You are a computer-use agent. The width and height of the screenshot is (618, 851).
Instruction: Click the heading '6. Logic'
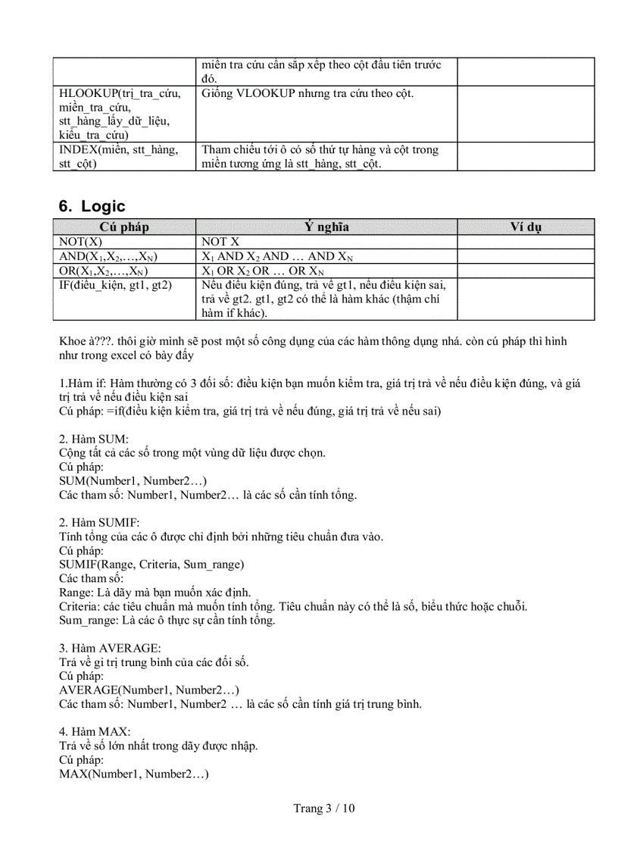click(x=92, y=207)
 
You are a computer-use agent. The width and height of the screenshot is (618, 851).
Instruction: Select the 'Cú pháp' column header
click(x=124, y=227)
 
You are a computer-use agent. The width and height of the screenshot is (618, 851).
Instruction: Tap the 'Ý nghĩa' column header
click(x=326, y=227)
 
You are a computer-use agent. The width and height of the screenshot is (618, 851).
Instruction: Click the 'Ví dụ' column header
click(x=526, y=227)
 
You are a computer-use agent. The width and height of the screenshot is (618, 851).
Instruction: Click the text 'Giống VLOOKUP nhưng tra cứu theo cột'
click(x=307, y=93)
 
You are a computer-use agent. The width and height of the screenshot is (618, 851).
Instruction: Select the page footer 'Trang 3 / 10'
click(x=324, y=808)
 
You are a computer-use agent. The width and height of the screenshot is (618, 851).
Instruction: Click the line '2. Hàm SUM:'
click(x=94, y=439)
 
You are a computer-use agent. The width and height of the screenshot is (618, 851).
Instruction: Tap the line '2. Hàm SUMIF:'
click(x=99, y=523)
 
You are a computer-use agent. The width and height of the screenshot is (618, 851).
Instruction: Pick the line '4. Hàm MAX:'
click(x=95, y=731)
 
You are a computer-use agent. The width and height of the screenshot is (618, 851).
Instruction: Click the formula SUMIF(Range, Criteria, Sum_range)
click(x=151, y=565)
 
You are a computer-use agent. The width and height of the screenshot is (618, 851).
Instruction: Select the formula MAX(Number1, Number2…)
click(x=133, y=774)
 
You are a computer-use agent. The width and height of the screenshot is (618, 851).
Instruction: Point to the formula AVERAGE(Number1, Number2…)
click(x=149, y=690)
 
